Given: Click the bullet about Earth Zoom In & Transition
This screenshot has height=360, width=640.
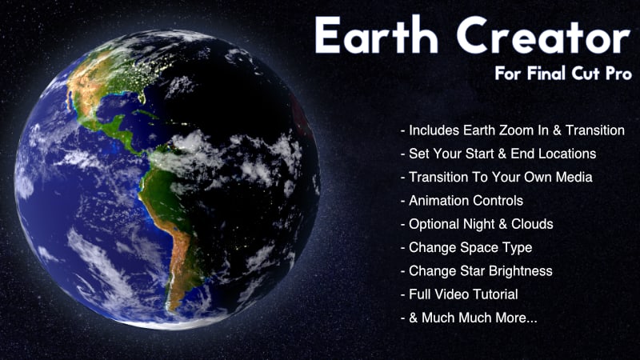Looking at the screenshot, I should point(512,130).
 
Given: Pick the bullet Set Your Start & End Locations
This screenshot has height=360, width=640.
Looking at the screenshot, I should point(498,154).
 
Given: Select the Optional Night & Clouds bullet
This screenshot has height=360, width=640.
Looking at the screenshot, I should point(476,224).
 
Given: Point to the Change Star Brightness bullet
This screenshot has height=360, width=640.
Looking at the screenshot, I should point(476,270).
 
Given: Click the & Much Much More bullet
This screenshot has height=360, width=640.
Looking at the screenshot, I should point(469,318).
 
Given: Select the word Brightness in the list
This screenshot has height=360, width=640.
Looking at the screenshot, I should point(518,270).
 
